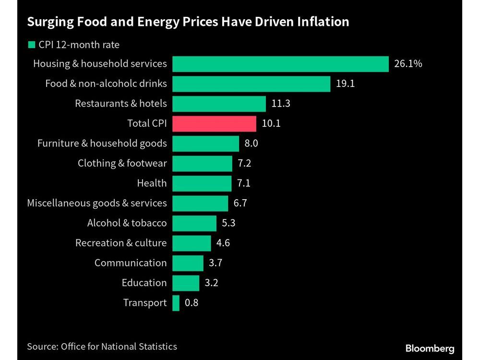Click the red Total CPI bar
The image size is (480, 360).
pos(214,123)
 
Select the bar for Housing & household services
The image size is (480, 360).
pos(280,64)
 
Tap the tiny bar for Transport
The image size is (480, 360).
pos(176,303)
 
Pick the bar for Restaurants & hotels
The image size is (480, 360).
pos(219,104)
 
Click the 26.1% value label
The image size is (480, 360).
pos(408,63)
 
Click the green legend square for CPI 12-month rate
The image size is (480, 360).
pos(32,45)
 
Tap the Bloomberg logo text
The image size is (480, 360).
pos(430,348)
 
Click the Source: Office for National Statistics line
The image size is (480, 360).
pos(102,346)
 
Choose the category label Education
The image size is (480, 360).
pos(144,283)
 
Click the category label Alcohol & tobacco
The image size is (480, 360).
pos(127,223)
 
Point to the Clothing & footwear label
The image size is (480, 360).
pos(122,163)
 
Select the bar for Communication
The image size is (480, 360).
pos(188,263)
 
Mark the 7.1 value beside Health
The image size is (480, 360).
pos(244,183)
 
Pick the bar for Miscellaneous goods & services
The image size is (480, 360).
pos(200,203)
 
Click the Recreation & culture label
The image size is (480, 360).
pos(121,243)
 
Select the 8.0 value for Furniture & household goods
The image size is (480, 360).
pos(252,143)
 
